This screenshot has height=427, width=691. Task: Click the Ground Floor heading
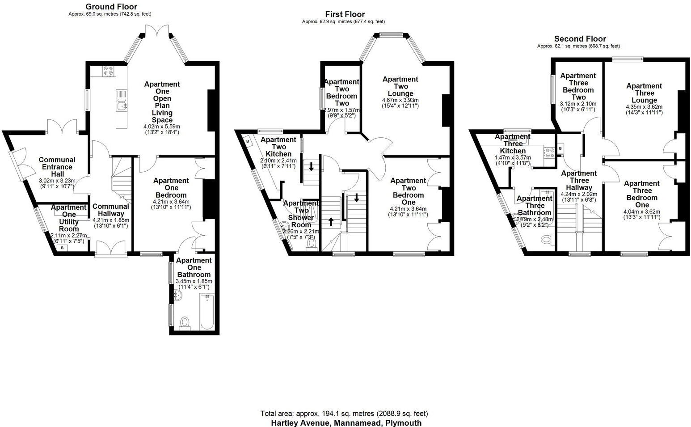(x=111, y=7)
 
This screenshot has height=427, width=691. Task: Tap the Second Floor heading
(x=580, y=39)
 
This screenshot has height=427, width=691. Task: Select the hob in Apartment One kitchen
(x=108, y=71)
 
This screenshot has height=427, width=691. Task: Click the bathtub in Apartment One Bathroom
(x=206, y=312)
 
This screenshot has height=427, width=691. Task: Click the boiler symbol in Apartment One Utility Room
(x=62, y=248)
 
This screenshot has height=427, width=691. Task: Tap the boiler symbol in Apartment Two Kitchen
(x=248, y=141)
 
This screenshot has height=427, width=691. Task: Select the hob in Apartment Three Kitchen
(x=549, y=152)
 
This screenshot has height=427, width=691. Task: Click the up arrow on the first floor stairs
(x=331, y=221)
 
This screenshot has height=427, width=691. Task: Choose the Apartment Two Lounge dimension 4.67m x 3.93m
(x=400, y=100)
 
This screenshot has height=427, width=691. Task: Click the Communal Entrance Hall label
(x=57, y=167)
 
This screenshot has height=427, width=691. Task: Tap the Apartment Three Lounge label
(x=644, y=93)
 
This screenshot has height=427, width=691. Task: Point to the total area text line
(x=344, y=414)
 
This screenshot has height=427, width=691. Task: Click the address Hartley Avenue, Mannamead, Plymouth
(x=346, y=423)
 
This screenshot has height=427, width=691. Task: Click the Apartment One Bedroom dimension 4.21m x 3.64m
(x=171, y=202)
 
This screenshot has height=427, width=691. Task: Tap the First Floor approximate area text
(x=343, y=21)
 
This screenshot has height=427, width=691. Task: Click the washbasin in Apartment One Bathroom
(x=178, y=296)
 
